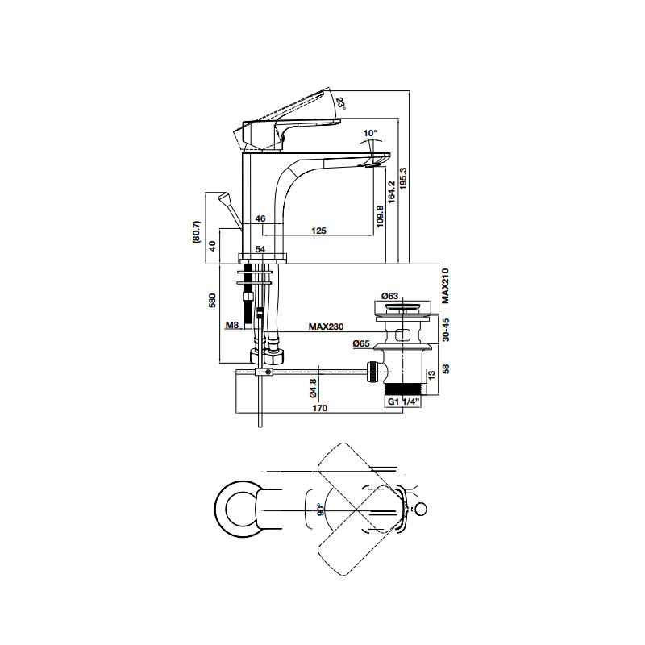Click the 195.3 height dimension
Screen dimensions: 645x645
pyautogui.click(x=403, y=178)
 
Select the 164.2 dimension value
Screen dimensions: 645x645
pyautogui.click(x=391, y=191)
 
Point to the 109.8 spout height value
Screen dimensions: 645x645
pyautogui.click(x=380, y=216)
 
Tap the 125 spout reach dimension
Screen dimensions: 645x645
pyautogui.click(x=318, y=231)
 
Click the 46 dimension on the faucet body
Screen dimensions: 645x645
pyautogui.click(x=260, y=218)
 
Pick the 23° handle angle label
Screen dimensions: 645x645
pyautogui.click(x=340, y=103)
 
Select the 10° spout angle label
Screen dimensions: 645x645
pyautogui.click(x=370, y=133)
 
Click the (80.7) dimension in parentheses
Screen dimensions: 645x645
pyautogui.click(x=197, y=232)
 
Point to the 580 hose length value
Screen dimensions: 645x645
pyautogui.click(x=212, y=301)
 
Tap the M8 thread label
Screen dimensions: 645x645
pyautogui.click(x=232, y=326)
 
